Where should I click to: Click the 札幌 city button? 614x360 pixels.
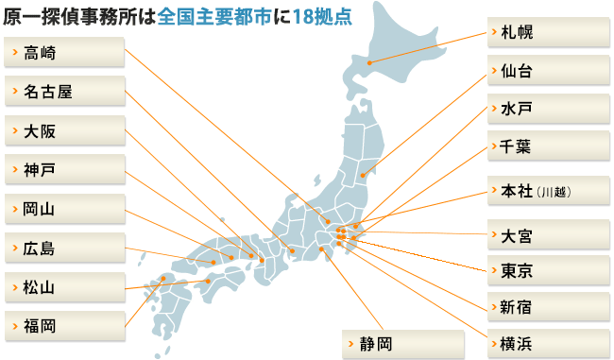[548, 32]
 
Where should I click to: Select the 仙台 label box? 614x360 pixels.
[548, 71]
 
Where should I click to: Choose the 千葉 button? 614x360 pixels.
[548, 147]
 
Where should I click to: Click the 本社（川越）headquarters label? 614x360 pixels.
[548, 192]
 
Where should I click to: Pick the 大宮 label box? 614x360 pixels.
[548, 231]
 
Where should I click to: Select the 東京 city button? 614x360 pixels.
[548, 270]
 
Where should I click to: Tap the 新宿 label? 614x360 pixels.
[548, 307]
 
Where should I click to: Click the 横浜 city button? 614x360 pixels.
[548, 343]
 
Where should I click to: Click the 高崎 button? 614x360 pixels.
[64, 52]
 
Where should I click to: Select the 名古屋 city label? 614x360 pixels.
[64, 92]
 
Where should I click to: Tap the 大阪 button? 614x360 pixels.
[64, 130]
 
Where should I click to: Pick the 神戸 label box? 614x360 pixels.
[64, 170]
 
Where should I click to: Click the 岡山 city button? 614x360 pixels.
[64, 209]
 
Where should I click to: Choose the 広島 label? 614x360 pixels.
[64, 248]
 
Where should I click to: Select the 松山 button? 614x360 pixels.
[64, 286]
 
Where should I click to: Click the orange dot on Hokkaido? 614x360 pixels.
[369, 64]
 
